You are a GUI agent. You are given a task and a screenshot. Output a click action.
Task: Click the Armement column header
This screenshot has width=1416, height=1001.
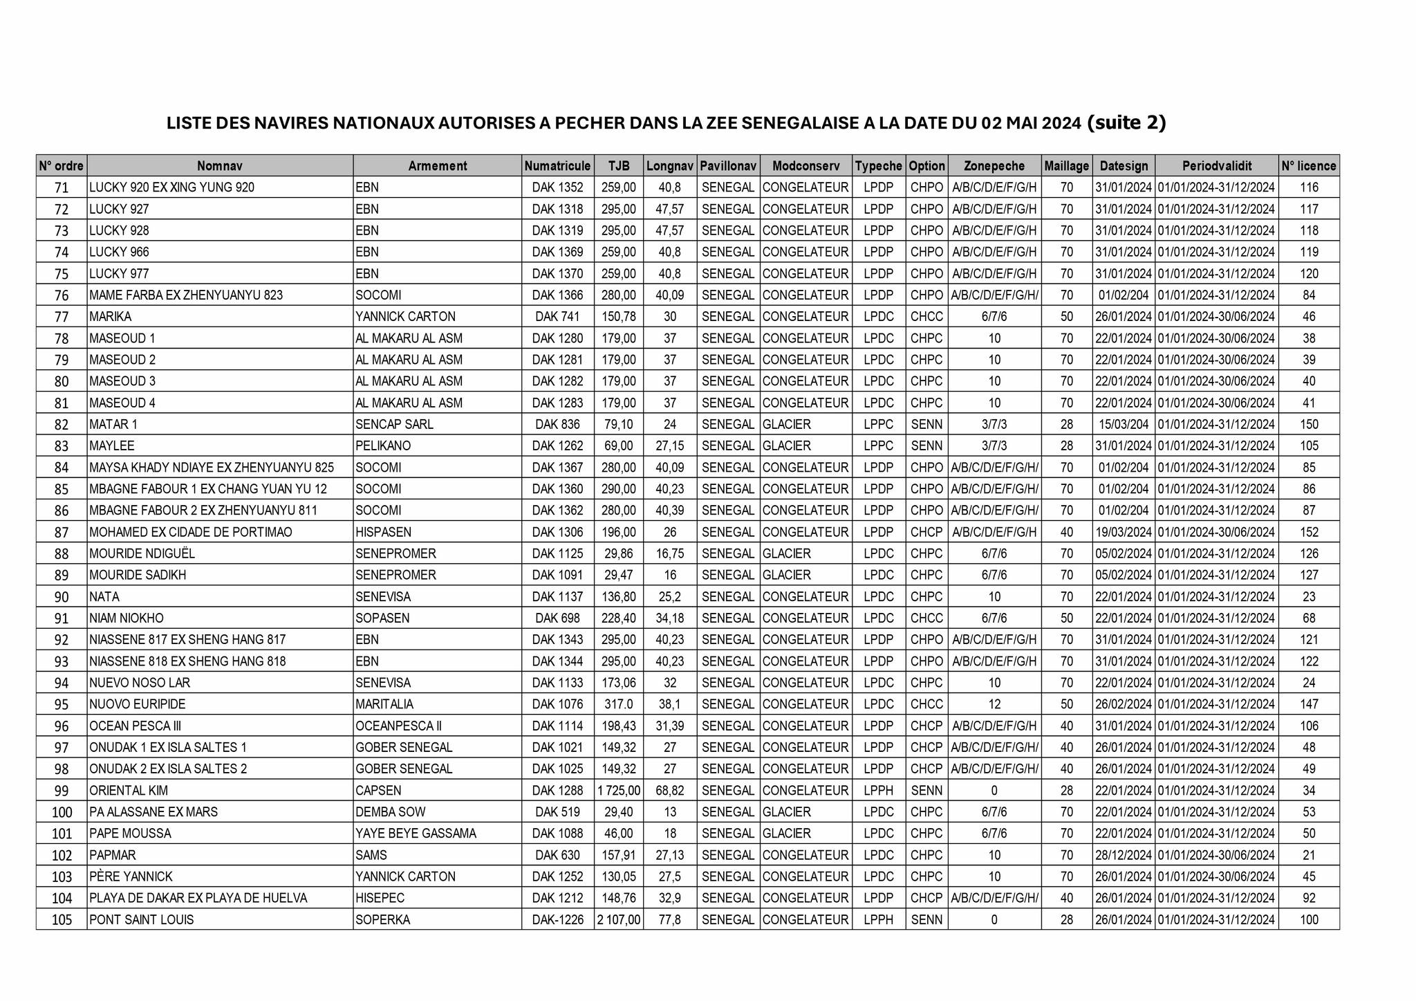pyautogui.click(x=437, y=166)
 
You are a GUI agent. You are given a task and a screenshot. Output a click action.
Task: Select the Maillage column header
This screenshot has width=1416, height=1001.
pyautogui.click(x=1066, y=166)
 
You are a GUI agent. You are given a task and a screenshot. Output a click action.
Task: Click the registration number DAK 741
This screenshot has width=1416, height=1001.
pyautogui.click(x=557, y=317)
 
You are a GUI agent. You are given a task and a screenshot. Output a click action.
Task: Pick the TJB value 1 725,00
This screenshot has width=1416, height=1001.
pyautogui.click(x=618, y=791)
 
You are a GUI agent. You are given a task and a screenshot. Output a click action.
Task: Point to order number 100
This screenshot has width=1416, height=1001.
pyautogui.click(x=62, y=812)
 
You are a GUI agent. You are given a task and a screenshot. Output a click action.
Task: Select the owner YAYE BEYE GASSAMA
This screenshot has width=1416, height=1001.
pyautogui.click(x=416, y=834)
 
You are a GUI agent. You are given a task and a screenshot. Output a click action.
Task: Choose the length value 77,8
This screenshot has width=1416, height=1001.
pyautogui.click(x=669, y=920)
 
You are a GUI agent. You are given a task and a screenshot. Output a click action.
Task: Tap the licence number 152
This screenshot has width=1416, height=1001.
pyautogui.click(x=1309, y=532)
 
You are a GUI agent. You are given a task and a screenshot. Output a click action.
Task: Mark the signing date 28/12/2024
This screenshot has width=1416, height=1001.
pyautogui.click(x=1124, y=855)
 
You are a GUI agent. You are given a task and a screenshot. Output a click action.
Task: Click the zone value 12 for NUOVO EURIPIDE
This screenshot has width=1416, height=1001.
pyautogui.click(x=994, y=704)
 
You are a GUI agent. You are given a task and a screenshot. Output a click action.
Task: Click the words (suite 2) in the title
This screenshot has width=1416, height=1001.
pyautogui.click(x=1126, y=122)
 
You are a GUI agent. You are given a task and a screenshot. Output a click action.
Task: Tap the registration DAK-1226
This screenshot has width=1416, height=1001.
pyautogui.click(x=557, y=920)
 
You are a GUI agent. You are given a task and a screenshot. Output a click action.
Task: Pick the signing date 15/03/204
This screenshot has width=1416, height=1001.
pyautogui.click(x=1124, y=424)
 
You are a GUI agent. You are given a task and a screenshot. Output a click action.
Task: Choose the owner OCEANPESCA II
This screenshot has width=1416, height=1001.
pyautogui.click(x=398, y=726)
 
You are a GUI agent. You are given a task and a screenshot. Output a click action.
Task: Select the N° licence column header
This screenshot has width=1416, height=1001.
pyautogui.click(x=1309, y=166)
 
